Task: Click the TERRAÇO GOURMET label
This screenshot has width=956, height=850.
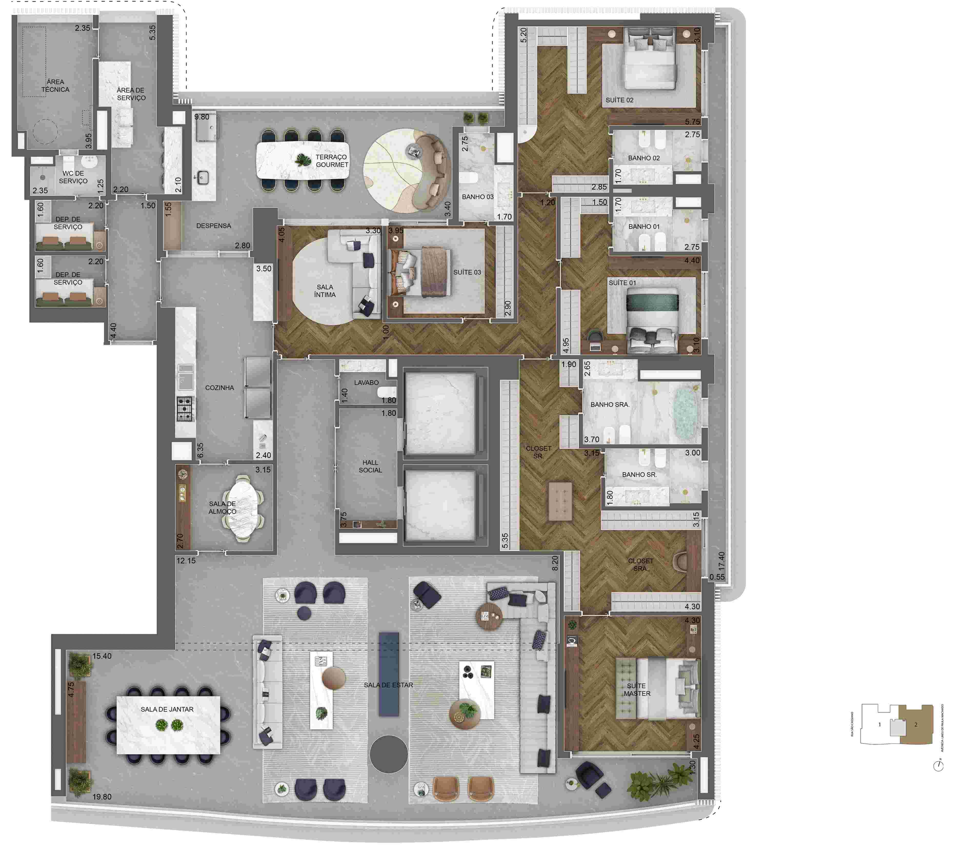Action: pos(331,161)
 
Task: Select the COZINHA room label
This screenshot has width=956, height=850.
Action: pos(219,388)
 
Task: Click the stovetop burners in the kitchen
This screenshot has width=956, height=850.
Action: pos(185,408)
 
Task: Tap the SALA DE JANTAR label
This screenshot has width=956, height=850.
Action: pos(167,709)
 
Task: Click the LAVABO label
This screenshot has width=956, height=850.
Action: pos(366,382)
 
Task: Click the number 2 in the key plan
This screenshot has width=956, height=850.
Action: pos(916,725)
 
